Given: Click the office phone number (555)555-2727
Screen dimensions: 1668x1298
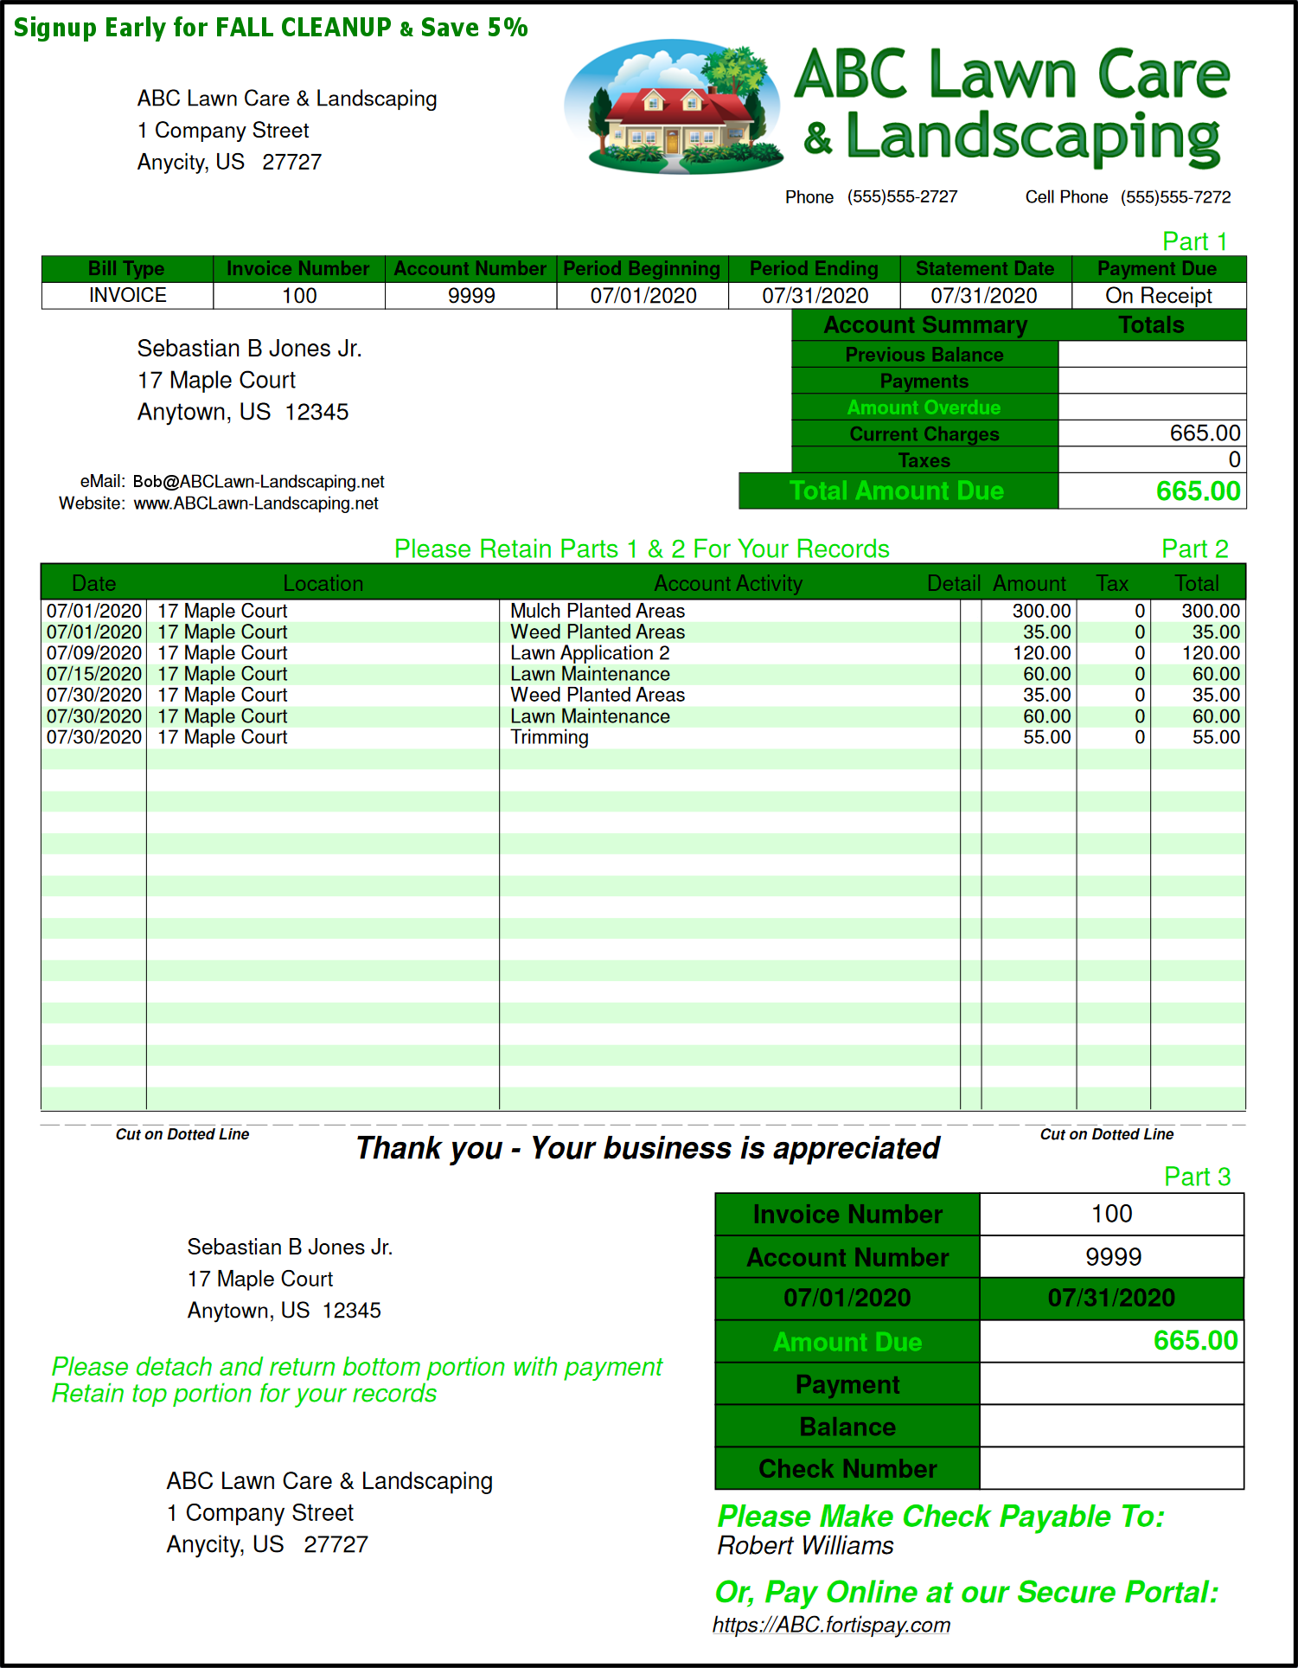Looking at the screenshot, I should (x=902, y=197).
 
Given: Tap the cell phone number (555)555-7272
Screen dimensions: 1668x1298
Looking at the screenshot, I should (x=1175, y=197).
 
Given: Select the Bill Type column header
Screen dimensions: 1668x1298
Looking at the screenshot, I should (x=126, y=269).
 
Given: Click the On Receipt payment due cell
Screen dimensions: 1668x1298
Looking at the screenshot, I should (x=1158, y=296).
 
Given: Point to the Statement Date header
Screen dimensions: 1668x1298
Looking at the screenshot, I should (x=984, y=269).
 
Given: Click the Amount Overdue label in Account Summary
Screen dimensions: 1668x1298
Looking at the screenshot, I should (x=924, y=407).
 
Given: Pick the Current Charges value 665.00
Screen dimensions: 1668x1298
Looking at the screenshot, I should (x=1205, y=433).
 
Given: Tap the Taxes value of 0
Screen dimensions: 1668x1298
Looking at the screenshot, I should (x=1234, y=460).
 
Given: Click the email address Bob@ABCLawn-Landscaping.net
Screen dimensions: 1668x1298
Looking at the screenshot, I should (x=259, y=482).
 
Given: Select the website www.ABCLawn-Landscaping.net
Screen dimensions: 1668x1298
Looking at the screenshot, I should (x=256, y=504).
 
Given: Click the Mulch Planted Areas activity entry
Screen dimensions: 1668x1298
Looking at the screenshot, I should (x=598, y=612).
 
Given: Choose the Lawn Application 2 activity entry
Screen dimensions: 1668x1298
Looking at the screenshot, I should (x=590, y=653).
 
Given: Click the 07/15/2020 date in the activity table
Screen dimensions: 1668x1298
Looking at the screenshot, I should (x=94, y=674).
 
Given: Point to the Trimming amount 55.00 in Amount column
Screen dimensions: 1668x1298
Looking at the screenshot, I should (x=1046, y=738).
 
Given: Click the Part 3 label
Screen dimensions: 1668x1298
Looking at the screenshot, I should (x=1196, y=1177).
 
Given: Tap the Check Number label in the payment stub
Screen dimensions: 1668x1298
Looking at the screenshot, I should (x=847, y=1469).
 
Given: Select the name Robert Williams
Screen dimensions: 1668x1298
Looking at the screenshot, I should (x=805, y=1546).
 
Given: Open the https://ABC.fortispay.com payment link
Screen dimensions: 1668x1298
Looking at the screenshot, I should (x=831, y=1626).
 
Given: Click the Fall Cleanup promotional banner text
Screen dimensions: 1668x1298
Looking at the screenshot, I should (x=271, y=28).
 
